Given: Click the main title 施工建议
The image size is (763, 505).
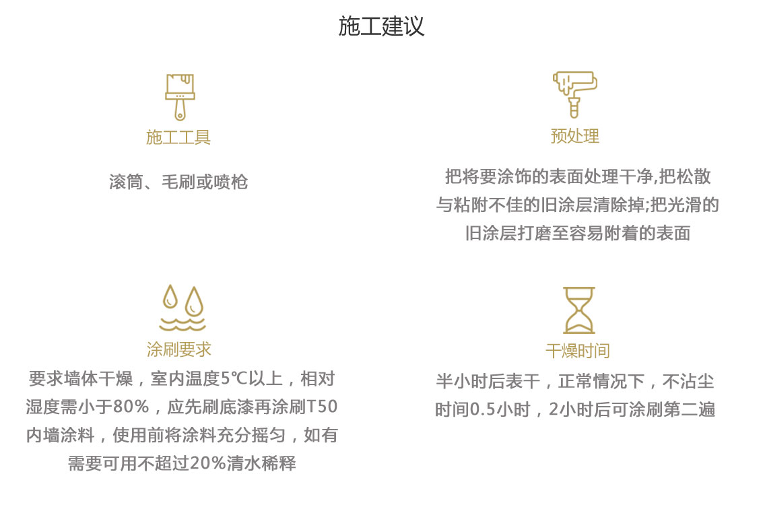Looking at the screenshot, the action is [x=381, y=26].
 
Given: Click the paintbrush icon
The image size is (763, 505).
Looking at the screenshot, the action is [x=180, y=98].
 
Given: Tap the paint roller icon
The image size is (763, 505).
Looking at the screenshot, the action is [x=574, y=94].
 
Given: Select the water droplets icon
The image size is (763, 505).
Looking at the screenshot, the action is [x=183, y=308].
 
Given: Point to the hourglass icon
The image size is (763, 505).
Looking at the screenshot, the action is [x=579, y=310].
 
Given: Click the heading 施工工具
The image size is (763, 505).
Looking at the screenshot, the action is [x=178, y=137].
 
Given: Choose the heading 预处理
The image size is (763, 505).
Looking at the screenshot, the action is [x=574, y=136].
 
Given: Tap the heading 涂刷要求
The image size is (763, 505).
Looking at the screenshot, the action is [x=179, y=349].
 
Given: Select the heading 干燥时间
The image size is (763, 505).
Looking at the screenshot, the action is [x=578, y=351].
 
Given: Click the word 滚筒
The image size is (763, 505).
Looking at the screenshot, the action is [x=127, y=182].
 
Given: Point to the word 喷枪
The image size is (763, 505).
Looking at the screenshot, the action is [x=231, y=182].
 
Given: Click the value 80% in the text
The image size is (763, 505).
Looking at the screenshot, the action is [x=131, y=406].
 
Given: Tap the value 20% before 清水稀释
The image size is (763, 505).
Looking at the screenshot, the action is [x=208, y=463].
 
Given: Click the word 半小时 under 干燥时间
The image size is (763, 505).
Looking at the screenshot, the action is [x=462, y=381].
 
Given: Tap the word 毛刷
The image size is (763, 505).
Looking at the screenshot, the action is [x=178, y=182].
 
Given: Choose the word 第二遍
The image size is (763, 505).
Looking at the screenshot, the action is [x=690, y=409].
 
